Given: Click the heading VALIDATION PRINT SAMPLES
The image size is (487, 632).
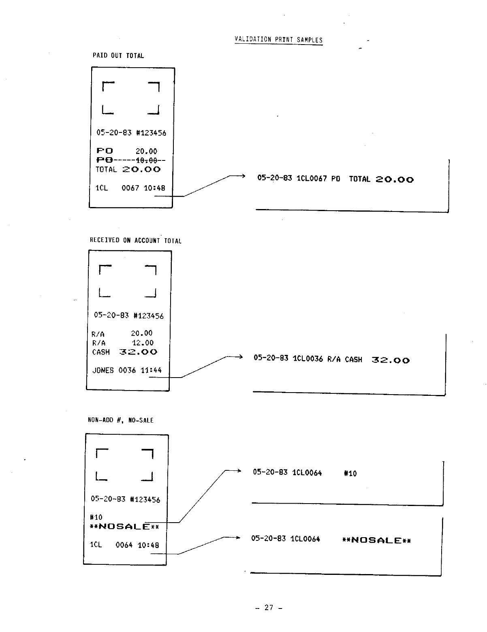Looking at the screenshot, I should click(x=278, y=40).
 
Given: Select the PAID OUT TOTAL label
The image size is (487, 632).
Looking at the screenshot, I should click(x=118, y=56).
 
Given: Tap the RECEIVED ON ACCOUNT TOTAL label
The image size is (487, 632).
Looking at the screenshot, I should click(x=135, y=241).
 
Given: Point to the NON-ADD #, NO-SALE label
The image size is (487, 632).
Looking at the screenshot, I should click(x=120, y=421).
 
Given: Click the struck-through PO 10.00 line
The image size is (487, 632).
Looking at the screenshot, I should click(x=130, y=160).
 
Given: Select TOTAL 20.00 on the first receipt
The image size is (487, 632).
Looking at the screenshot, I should click(x=128, y=170).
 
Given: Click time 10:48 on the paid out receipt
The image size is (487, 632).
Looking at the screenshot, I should click(x=154, y=188).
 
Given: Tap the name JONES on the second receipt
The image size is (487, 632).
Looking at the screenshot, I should click(x=103, y=370).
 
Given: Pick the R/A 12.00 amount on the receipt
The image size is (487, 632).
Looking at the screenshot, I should click(x=143, y=343).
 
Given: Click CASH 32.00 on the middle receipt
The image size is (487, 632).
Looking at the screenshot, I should click(x=125, y=352).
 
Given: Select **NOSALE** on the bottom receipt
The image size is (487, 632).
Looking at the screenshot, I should click(x=124, y=527).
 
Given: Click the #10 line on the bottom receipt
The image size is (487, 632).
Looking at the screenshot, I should click(x=96, y=517).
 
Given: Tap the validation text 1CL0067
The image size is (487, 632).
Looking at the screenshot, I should click(x=312, y=179).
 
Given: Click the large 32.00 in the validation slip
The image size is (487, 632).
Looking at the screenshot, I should click(x=391, y=360).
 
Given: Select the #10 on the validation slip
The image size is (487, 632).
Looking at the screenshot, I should click(x=350, y=473).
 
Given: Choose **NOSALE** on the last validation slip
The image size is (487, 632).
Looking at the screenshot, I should click(x=376, y=540).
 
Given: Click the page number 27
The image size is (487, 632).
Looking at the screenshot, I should click(x=269, y=607).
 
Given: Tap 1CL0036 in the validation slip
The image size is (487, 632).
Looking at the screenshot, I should click(x=308, y=359).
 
